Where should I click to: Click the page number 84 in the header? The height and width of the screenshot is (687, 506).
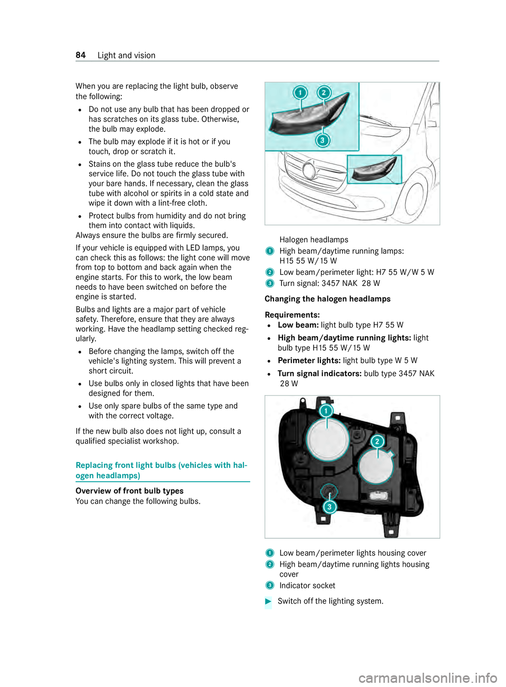(x=81, y=55)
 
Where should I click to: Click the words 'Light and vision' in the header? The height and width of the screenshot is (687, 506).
(x=126, y=55)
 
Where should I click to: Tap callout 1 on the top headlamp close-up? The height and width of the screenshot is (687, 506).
(x=300, y=93)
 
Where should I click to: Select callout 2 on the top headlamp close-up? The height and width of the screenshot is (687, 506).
(x=324, y=93)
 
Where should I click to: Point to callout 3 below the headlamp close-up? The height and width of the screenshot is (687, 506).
(x=323, y=140)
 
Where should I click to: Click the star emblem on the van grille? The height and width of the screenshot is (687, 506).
(x=309, y=170)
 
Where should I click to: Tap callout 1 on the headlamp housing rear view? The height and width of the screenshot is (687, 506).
(x=326, y=411)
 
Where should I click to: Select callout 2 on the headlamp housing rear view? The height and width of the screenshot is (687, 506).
(x=377, y=442)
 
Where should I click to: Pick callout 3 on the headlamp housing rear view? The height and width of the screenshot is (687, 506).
(x=329, y=507)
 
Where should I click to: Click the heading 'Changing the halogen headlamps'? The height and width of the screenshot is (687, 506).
(x=327, y=299)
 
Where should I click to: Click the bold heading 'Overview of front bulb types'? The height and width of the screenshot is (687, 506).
(x=130, y=491)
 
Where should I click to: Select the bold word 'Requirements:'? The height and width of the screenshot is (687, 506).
(x=292, y=315)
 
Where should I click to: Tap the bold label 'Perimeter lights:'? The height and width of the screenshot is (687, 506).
(x=309, y=361)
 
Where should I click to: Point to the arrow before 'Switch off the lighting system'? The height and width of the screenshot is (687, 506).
(x=268, y=602)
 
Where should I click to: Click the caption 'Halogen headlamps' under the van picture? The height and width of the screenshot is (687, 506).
(x=314, y=240)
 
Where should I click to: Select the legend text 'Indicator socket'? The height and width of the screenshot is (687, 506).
(x=307, y=586)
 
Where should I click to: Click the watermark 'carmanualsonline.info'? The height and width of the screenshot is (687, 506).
(x=427, y=678)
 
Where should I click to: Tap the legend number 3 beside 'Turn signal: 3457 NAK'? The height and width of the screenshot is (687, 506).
(x=270, y=284)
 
